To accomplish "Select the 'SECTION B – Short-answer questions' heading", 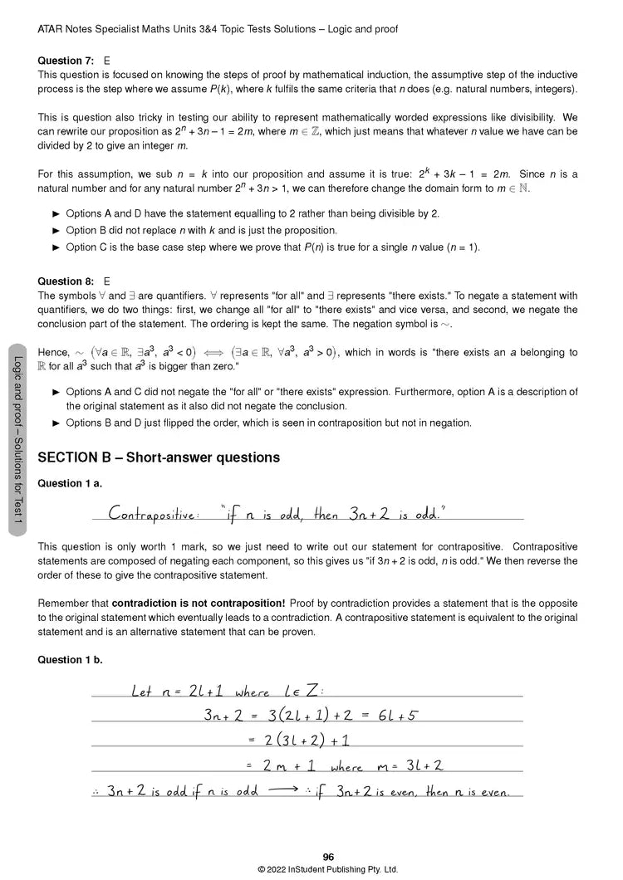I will pos(159,457).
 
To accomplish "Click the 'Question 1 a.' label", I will pos(71,483).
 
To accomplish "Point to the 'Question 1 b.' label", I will pos(71,660).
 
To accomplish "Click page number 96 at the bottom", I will pos(328,858).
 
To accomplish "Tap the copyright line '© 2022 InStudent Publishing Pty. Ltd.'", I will pos(328,869).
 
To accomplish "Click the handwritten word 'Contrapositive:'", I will pos(155,513).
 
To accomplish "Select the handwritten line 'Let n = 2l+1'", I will pos(174,691).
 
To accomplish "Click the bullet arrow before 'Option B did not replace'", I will pos(56,231).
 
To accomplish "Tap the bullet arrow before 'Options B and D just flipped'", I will pos(56,423).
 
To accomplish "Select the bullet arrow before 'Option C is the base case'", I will pos(56,247).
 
